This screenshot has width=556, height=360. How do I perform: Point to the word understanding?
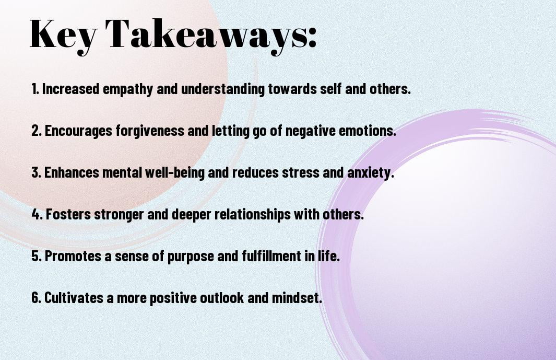(x=223, y=89)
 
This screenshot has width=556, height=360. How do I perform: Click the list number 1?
(x=35, y=89)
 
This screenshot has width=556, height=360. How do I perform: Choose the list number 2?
(x=36, y=131)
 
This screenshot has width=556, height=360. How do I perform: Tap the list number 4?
(x=37, y=214)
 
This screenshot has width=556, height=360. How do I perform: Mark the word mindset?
(x=297, y=297)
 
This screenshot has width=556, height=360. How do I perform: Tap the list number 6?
(x=36, y=297)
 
